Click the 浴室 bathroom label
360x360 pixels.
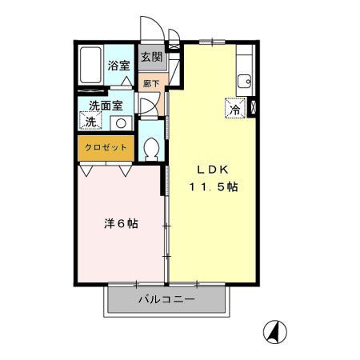click(x=119, y=66)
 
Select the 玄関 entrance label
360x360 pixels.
click(x=151, y=57)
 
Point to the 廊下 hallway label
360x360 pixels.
click(x=150, y=83)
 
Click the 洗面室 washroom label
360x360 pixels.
click(x=105, y=105)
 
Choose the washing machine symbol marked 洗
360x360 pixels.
click(x=90, y=122)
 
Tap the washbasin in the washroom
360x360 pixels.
click(x=122, y=122)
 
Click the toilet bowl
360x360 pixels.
click(x=151, y=149)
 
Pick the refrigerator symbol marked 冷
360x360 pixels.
click(x=235, y=109)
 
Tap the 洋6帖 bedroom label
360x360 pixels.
click(x=121, y=223)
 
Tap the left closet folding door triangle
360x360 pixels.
click(x=87, y=170)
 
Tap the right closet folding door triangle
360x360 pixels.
click(x=124, y=170)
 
